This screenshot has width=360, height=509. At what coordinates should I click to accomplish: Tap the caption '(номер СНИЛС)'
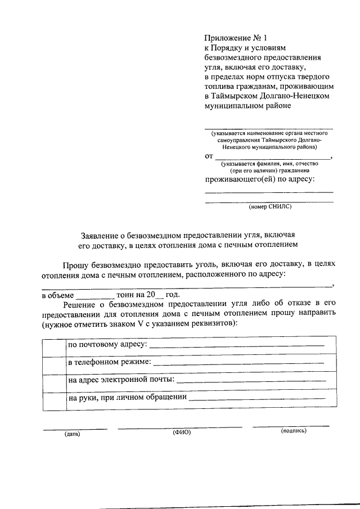tap(270, 206)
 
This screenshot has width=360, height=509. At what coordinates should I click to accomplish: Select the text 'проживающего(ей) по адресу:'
tap(259, 179)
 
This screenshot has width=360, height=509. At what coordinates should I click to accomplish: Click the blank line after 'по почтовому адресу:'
tap(236, 345)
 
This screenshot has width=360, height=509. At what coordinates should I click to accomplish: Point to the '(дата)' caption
tap(72, 434)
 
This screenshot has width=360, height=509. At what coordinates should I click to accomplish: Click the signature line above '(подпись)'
tap(291, 426)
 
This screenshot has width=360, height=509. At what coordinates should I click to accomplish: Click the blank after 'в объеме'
tap(94, 296)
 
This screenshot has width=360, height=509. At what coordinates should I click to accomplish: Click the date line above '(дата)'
tap(75, 429)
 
